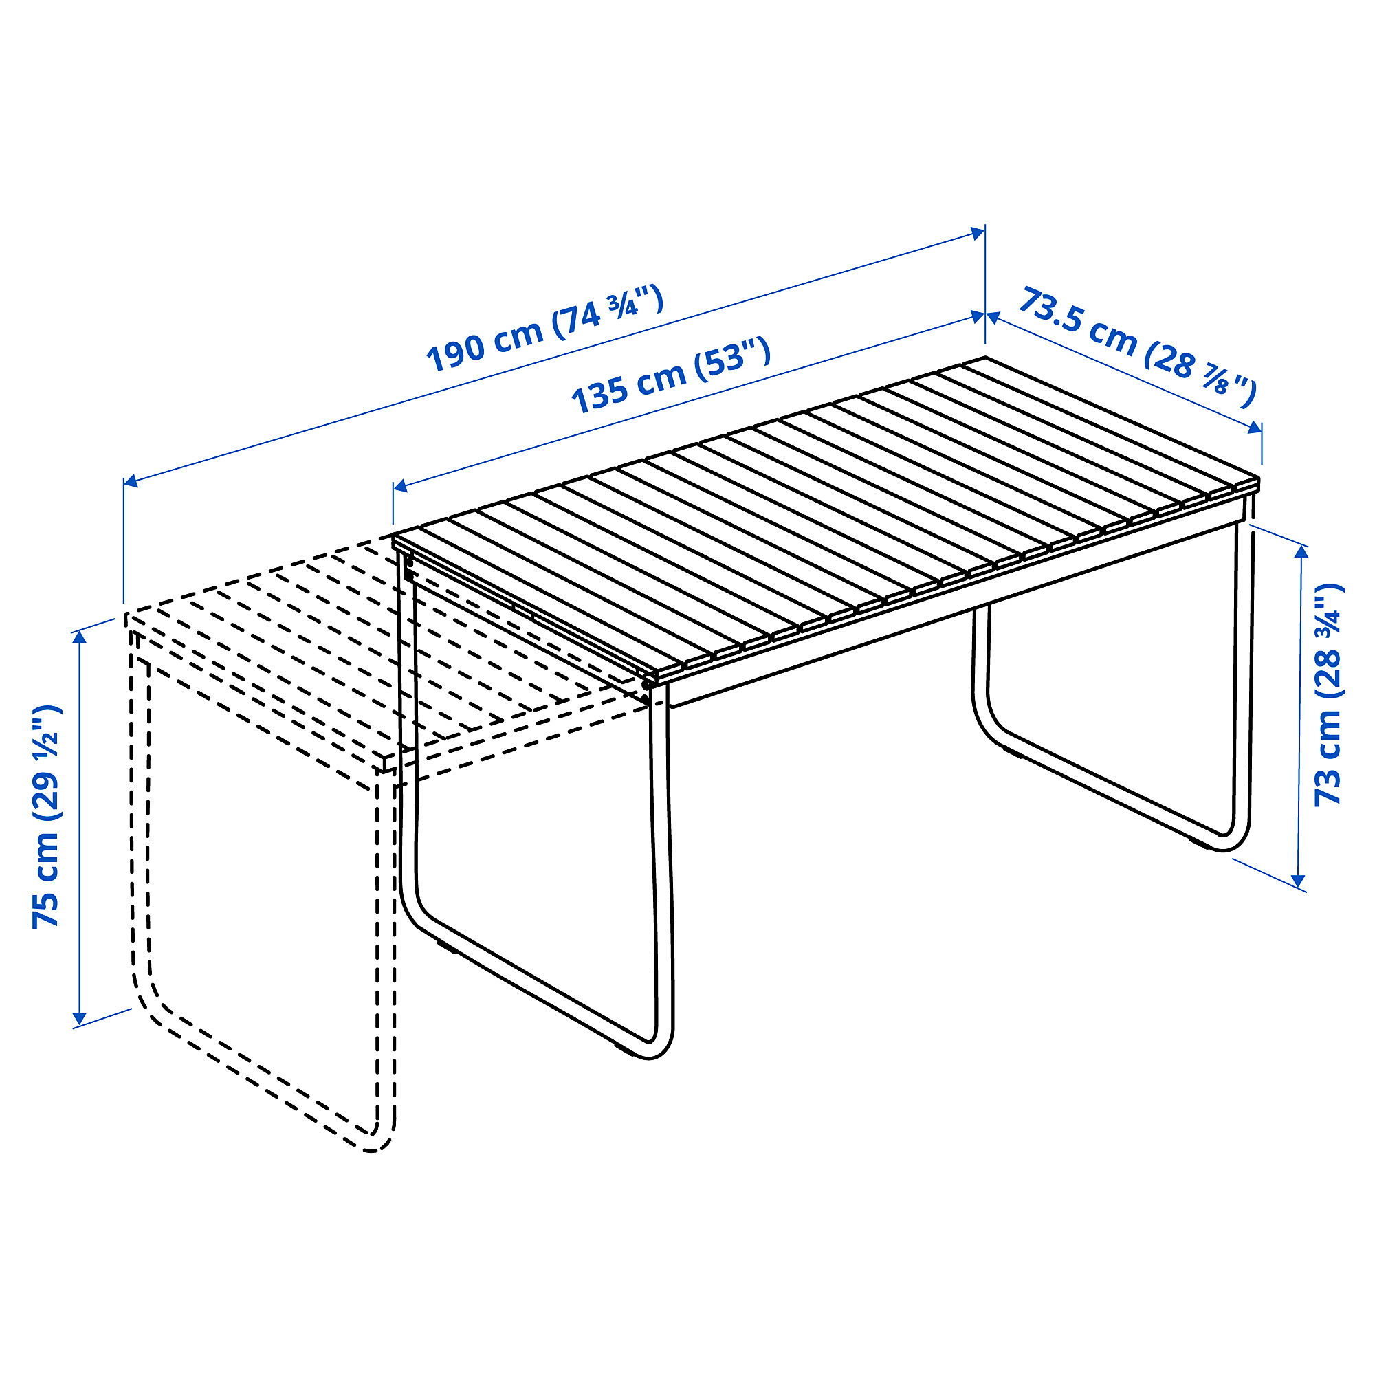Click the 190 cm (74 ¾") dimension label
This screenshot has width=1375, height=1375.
pyautogui.click(x=544, y=329)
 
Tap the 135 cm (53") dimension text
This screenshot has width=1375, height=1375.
pyautogui.click(x=671, y=377)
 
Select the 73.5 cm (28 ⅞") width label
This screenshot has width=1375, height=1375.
pyautogui.click(x=1137, y=347)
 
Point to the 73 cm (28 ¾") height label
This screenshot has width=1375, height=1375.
pyautogui.click(x=1328, y=694)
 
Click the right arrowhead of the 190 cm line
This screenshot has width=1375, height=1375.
pyautogui.click(x=978, y=233)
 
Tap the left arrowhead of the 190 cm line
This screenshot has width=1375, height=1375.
pyautogui.click(x=131, y=482)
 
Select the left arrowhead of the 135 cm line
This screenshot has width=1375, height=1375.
pyautogui.click(x=400, y=486)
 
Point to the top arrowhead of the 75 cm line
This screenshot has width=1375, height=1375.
pyautogui.click(x=80, y=638)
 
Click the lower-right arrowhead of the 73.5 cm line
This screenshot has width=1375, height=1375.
pyautogui.click(x=1254, y=427)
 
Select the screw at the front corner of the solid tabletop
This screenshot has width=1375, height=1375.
pyautogui.click(x=646, y=684)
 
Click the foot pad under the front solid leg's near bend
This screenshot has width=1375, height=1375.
pyautogui.click(x=446, y=947)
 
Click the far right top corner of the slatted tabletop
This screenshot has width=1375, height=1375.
pyautogui.click(x=986, y=357)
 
